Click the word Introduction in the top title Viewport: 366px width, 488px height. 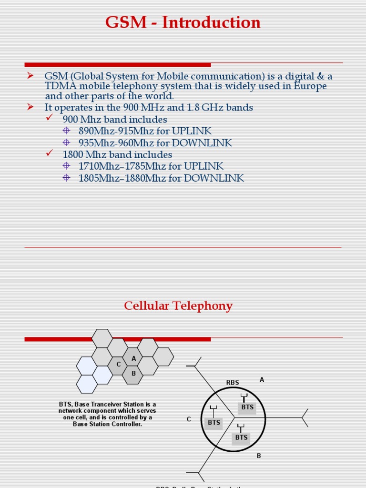pos(211,22)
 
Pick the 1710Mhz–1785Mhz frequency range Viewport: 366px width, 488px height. pos(115,166)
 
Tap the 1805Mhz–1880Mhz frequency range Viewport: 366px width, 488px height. pos(115,178)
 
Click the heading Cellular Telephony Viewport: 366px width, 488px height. pos(178,305)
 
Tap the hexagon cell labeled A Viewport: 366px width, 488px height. pos(133,358)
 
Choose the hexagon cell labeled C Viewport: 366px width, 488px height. pos(119,365)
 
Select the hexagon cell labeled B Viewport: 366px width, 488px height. pos(133,373)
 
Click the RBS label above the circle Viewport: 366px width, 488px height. pos(233,382)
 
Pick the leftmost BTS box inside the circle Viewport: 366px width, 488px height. pos(214,422)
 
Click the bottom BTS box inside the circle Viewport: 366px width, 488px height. pos(241,437)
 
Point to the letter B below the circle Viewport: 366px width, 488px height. pos(259,456)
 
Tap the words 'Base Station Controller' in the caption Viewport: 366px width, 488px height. pos(107,424)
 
